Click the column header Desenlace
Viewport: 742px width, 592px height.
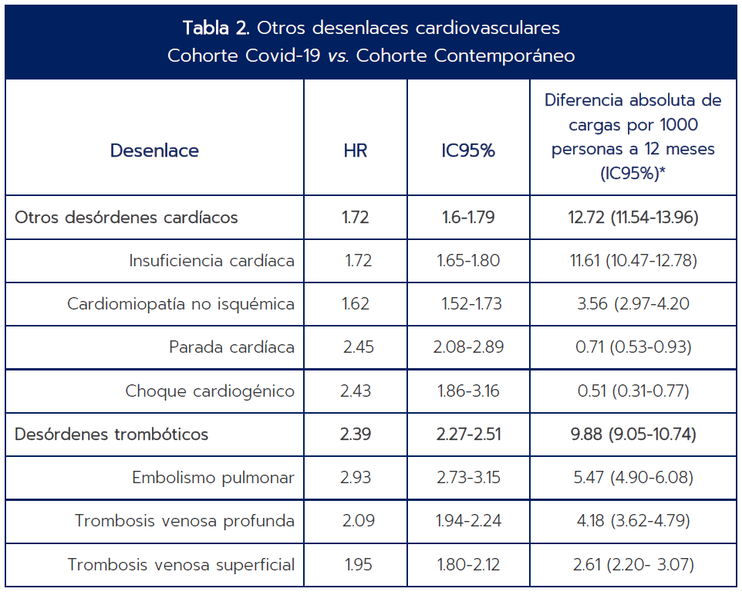pyautogui.click(x=154, y=151)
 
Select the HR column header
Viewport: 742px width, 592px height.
pyautogui.click(x=356, y=151)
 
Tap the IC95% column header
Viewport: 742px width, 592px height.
pyautogui.click(x=468, y=151)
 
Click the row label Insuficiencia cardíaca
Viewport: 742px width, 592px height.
pyautogui.click(x=211, y=260)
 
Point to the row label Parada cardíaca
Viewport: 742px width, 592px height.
pyautogui.click(x=231, y=347)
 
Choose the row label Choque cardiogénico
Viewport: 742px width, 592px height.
pyautogui.click(x=210, y=391)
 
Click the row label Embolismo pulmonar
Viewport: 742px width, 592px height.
pyautogui.click(x=213, y=478)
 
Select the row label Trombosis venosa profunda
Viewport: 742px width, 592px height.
pyautogui.click(x=184, y=521)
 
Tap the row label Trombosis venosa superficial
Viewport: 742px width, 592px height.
pyautogui.click(x=181, y=564)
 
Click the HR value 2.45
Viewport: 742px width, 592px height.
pyautogui.click(x=358, y=347)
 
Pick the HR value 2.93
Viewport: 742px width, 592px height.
pyautogui.click(x=356, y=478)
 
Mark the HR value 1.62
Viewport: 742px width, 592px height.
pyautogui.click(x=356, y=304)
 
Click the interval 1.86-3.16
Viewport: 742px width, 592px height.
pyautogui.click(x=468, y=391)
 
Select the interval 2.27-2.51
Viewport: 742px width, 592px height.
pyautogui.click(x=468, y=435)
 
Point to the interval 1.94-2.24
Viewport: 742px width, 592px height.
pyautogui.click(x=468, y=521)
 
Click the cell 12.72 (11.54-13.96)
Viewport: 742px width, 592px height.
pyautogui.click(x=633, y=218)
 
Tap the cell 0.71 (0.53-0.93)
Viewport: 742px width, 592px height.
pyautogui.click(x=633, y=347)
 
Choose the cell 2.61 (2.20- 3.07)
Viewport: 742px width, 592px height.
pyautogui.click(x=633, y=564)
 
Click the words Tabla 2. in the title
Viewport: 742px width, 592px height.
pyautogui.click(x=216, y=28)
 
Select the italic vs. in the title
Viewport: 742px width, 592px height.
pyautogui.click(x=339, y=56)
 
